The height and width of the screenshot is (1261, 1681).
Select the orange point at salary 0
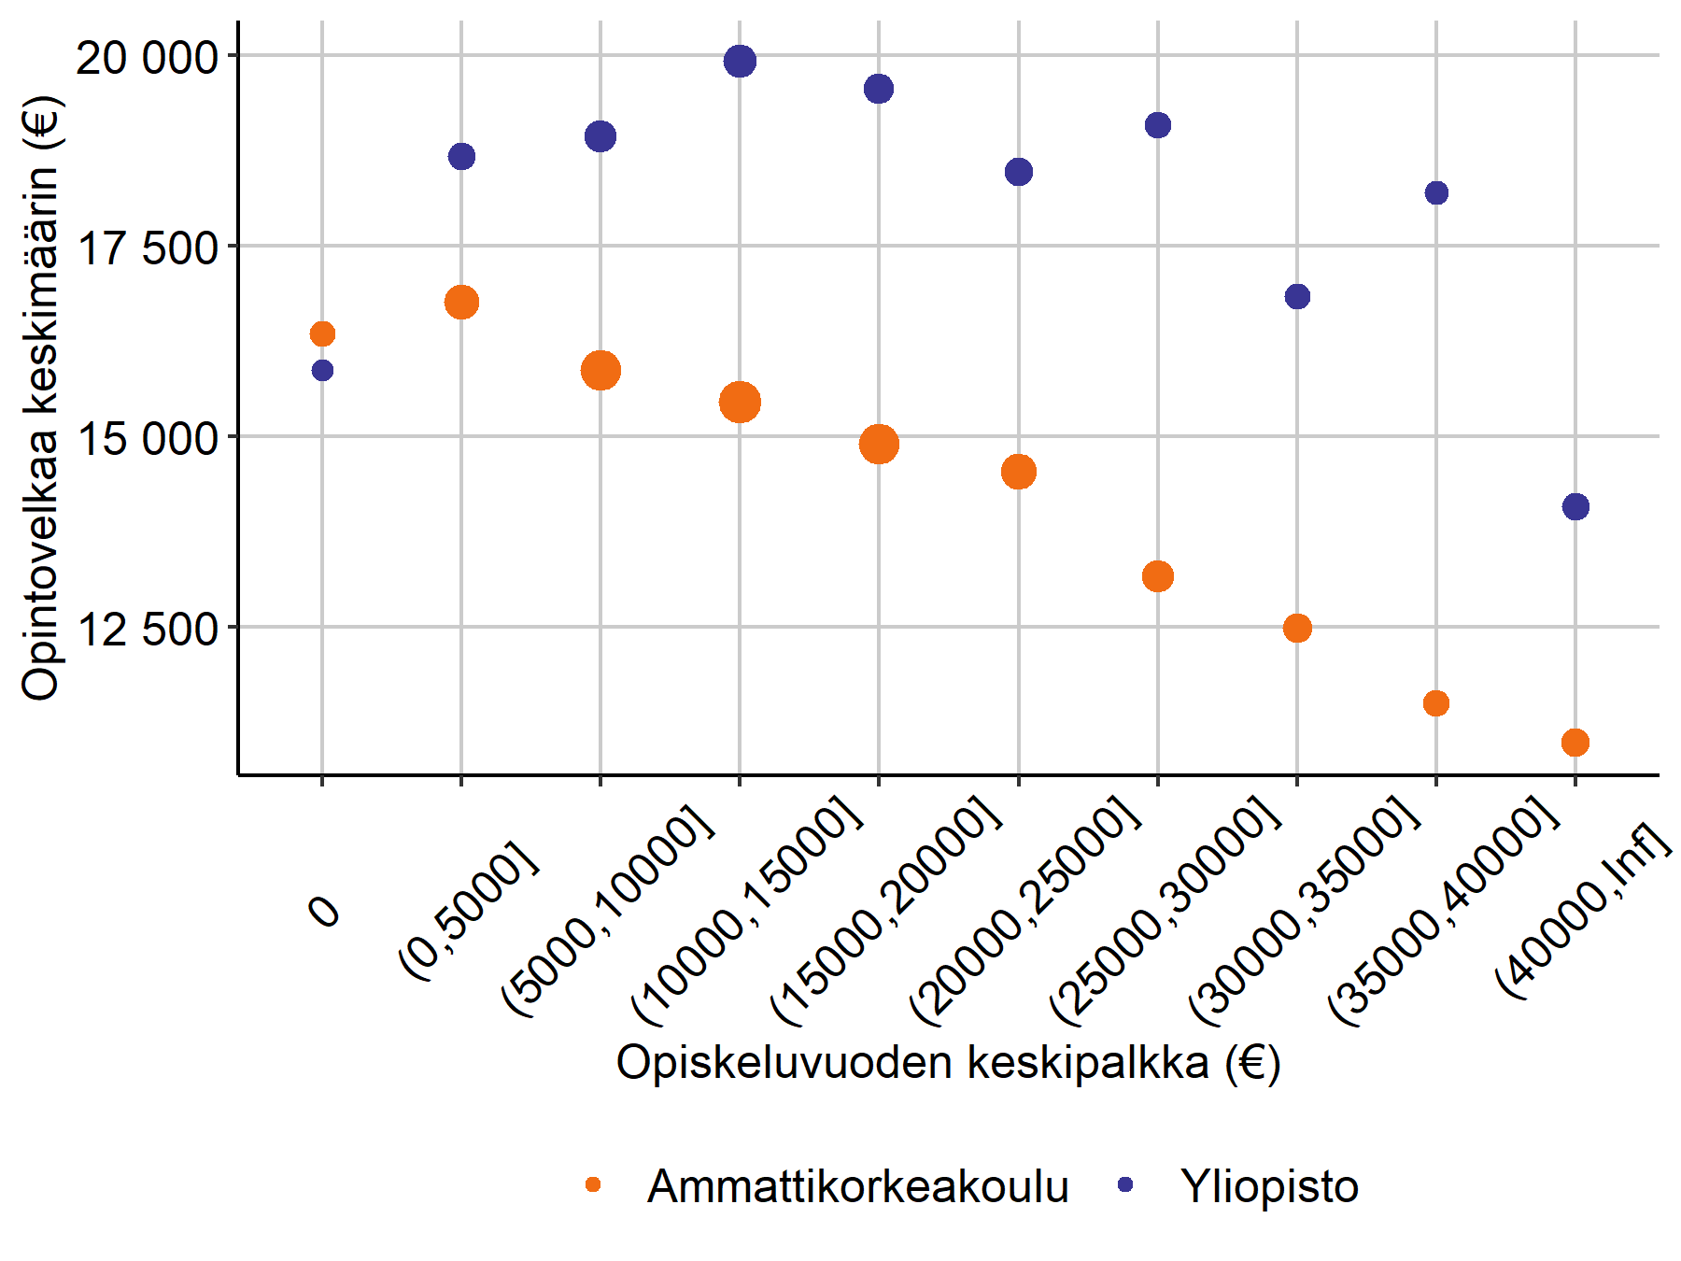[x=322, y=333]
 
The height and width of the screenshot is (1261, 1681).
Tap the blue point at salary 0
[x=322, y=371]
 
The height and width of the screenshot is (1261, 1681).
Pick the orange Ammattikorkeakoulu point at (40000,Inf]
[x=1575, y=743]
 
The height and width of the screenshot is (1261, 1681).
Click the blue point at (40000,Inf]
[x=1575, y=507]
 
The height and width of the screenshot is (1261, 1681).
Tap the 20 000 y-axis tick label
[x=147, y=58]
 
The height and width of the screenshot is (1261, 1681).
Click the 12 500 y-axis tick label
[x=147, y=630]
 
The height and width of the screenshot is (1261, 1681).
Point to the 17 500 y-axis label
[x=147, y=249]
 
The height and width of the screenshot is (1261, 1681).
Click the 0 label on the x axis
[x=324, y=910]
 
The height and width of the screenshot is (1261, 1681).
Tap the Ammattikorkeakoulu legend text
[x=857, y=1186]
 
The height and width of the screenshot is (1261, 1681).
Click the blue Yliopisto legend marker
[x=1125, y=1184]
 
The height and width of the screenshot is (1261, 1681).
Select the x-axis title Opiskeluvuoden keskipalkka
[x=948, y=1063]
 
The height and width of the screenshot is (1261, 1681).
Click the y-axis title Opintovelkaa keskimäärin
[x=41, y=397]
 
